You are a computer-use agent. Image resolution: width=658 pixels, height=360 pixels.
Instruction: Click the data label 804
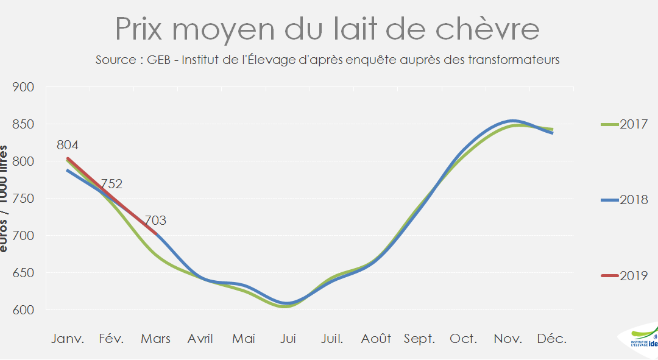[x=68, y=145]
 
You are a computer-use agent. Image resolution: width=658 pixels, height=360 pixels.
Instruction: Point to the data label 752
[x=112, y=184]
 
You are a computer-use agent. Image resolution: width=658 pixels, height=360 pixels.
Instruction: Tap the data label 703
[x=155, y=221]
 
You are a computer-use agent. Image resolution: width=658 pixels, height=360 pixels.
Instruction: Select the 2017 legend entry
[x=624, y=124]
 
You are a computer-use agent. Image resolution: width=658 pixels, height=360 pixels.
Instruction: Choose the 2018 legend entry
[x=624, y=200]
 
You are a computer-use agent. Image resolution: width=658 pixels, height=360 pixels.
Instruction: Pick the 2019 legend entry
[x=624, y=276]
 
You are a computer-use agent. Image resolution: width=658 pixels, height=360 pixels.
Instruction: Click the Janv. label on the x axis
[x=68, y=339]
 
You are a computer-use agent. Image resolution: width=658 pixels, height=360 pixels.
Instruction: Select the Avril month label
[x=200, y=339]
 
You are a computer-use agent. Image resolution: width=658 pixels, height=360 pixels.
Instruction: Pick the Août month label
[x=376, y=339]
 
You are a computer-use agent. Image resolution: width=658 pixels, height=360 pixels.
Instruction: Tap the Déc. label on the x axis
[x=551, y=339]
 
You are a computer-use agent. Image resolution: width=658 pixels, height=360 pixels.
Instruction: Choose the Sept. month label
[x=419, y=339]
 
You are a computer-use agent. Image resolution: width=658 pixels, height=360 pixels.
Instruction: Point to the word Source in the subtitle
[x=115, y=60]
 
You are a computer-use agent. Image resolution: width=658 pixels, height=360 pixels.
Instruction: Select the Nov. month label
[x=508, y=339]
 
